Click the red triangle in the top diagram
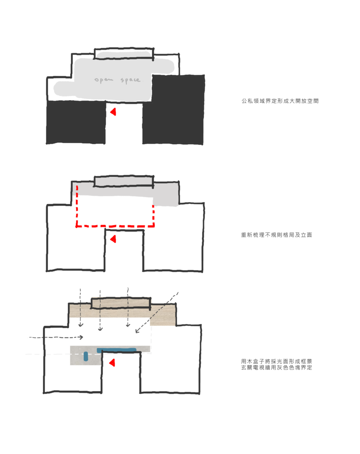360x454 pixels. [113, 112]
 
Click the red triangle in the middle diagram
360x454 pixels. [113, 239]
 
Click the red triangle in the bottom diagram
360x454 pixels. [112, 363]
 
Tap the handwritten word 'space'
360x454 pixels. [131, 80]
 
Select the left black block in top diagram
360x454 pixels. [76, 122]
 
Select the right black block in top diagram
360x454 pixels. [173, 110]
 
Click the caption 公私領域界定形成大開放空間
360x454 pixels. [280, 101]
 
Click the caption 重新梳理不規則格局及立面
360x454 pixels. [277, 235]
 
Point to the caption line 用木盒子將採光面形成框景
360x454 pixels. [277, 361]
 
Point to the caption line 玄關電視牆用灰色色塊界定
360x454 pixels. [277, 368]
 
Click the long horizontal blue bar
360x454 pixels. [117, 350]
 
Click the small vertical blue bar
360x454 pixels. [86, 356]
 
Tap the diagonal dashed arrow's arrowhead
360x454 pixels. [137, 331]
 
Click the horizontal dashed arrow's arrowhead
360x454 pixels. [82, 337]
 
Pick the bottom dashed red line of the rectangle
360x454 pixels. [115, 226]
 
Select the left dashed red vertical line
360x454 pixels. [77, 206]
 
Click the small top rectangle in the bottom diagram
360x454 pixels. [121, 303]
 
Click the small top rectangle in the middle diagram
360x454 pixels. [124, 181]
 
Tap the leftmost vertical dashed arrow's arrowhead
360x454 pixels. [81, 325]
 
